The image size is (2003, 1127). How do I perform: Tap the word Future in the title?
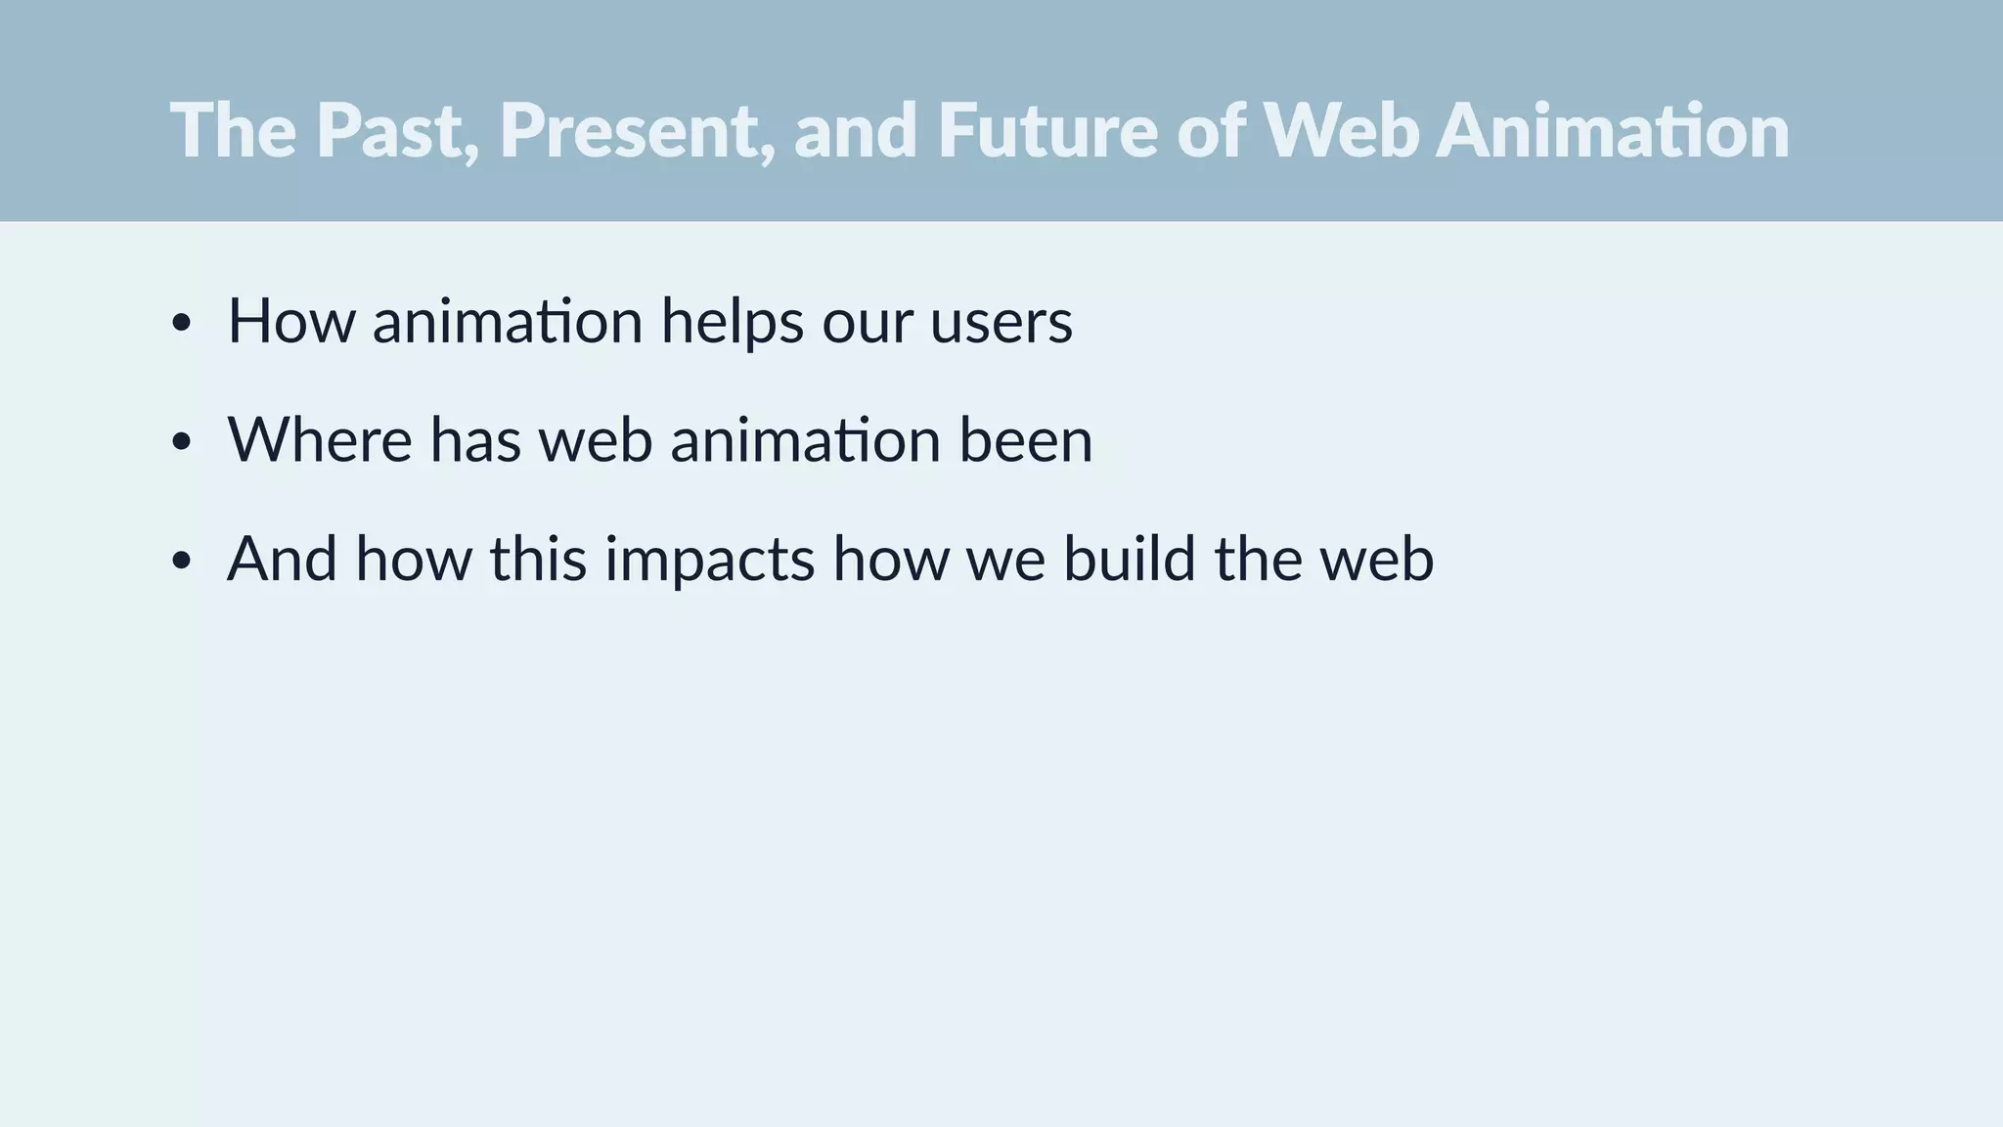1047,130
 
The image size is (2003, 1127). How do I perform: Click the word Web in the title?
1341,130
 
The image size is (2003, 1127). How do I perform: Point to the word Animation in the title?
1613,130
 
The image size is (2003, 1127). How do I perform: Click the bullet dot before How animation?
180,323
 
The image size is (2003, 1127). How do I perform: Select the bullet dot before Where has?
180,442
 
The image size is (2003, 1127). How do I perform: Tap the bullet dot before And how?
180,562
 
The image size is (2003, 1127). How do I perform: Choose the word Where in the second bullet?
320,440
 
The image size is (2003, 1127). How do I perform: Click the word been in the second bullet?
1025,440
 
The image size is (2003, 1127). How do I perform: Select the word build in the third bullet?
1129,559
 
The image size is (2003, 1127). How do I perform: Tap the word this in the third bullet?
538,559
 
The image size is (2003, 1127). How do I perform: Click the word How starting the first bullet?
291,321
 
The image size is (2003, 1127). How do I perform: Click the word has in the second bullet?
475,440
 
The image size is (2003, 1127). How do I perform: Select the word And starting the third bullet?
283,559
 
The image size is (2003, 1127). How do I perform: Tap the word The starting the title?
233,130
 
